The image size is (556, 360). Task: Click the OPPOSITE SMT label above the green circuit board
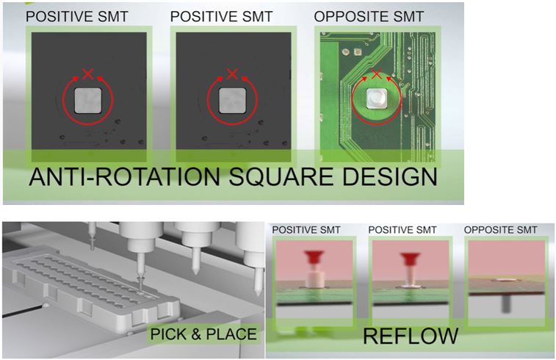[x=369, y=17]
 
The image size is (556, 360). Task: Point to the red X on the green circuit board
[x=377, y=74]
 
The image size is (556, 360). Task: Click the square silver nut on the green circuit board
[x=377, y=98]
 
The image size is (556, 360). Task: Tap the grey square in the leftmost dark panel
[x=88, y=101]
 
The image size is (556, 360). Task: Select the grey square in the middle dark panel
[x=232, y=101]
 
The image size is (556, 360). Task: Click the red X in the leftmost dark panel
[x=88, y=74]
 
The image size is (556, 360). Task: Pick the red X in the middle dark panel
[x=232, y=74]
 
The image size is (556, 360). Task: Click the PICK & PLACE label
[x=203, y=334]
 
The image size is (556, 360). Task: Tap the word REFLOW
[x=411, y=336]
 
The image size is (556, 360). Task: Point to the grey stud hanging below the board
[x=505, y=304]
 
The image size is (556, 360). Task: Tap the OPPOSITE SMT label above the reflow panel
[x=501, y=230]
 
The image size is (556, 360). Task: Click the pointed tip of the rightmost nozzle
[x=259, y=295]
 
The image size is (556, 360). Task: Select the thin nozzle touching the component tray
[x=140, y=270]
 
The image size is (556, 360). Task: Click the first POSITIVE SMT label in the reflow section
[x=306, y=230]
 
